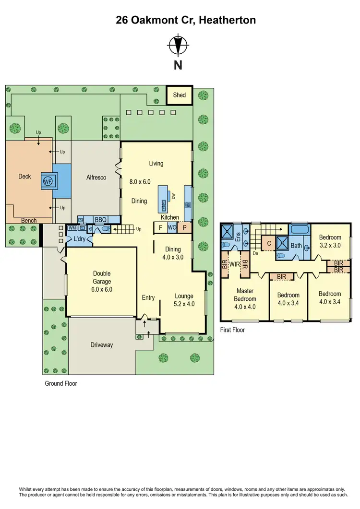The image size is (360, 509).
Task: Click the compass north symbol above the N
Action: pyautogui.click(x=178, y=46)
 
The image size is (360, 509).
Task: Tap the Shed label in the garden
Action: pyautogui.click(x=180, y=95)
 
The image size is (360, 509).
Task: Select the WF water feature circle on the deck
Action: pyautogui.click(x=48, y=181)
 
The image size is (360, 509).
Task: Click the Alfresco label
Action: pyautogui.click(x=96, y=177)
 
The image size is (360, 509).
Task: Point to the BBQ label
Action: pyautogui.click(x=100, y=220)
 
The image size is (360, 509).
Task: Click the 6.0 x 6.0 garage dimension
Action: pyautogui.click(x=101, y=290)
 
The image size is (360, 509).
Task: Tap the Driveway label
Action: pyautogui.click(x=101, y=345)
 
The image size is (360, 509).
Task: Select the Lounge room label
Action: pyautogui.click(x=184, y=296)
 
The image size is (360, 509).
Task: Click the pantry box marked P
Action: pyautogui.click(x=184, y=228)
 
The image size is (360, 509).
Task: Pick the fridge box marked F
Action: pyautogui.click(x=160, y=228)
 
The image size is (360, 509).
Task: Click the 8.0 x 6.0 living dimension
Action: pyautogui.click(x=140, y=182)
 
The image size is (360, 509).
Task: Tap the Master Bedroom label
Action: pyautogui.click(x=245, y=295)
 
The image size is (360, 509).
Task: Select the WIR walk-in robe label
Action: pyautogui.click(x=235, y=264)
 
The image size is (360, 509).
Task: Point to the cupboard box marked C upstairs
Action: pyautogui.click(x=269, y=244)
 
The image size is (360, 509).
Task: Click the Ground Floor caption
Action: pyautogui.click(x=61, y=383)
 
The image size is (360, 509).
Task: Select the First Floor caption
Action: pyautogui.click(x=232, y=330)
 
